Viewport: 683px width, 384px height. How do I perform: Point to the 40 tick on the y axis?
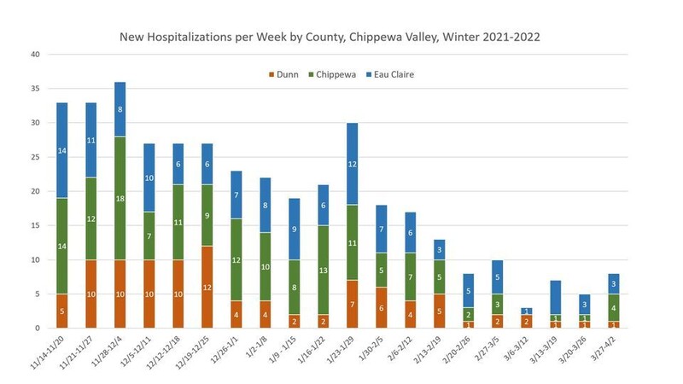coord(35,55)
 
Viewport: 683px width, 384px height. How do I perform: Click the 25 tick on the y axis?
coord(35,157)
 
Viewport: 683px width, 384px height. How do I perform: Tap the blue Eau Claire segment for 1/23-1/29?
coord(352,163)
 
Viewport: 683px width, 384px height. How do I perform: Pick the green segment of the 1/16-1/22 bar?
coord(322,270)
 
